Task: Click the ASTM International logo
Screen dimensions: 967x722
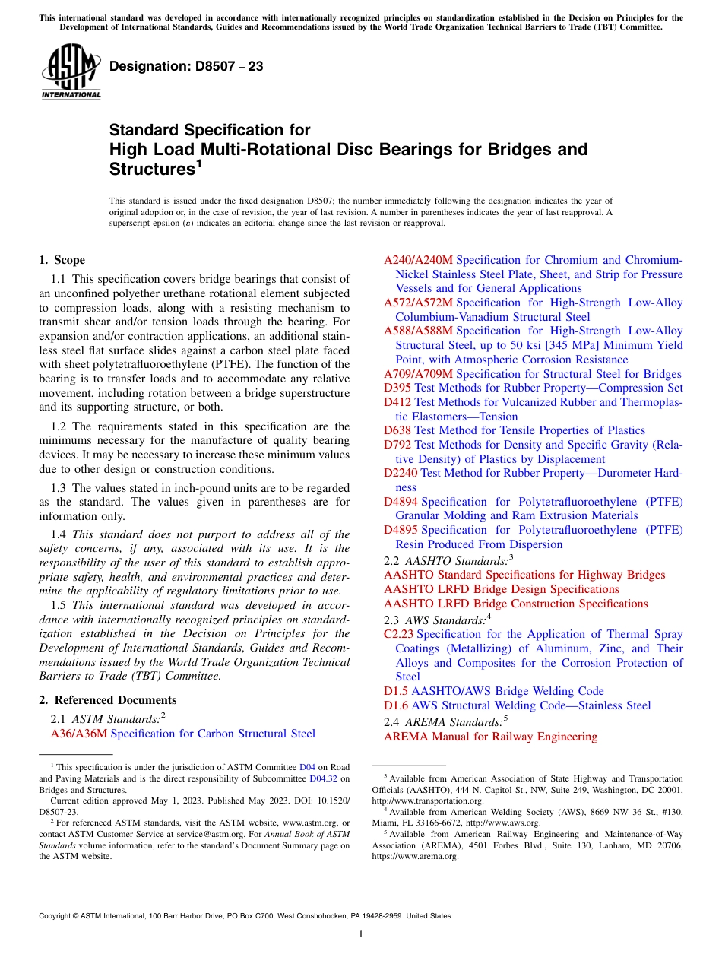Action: click(71, 71)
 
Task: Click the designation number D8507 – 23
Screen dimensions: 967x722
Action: click(186, 66)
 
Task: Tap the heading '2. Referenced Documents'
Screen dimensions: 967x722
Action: click(108, 700)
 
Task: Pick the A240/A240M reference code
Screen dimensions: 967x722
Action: click(418, 260)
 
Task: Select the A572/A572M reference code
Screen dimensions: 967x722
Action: click(418, 303)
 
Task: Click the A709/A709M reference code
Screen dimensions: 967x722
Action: click(418, 374)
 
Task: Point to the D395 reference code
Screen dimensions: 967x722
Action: click(397, 388)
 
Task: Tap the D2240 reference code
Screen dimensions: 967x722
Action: click(401, 473)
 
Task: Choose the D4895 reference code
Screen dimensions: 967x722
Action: click(401, 530)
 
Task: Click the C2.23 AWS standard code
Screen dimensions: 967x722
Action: click(398, 634)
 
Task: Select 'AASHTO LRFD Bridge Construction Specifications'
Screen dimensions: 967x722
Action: click(516, 604)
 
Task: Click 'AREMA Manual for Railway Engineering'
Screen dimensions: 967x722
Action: click(490, 737)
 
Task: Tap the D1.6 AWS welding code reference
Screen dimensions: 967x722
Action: click(396, 705)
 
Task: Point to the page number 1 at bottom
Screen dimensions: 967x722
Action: click(361, 934)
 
